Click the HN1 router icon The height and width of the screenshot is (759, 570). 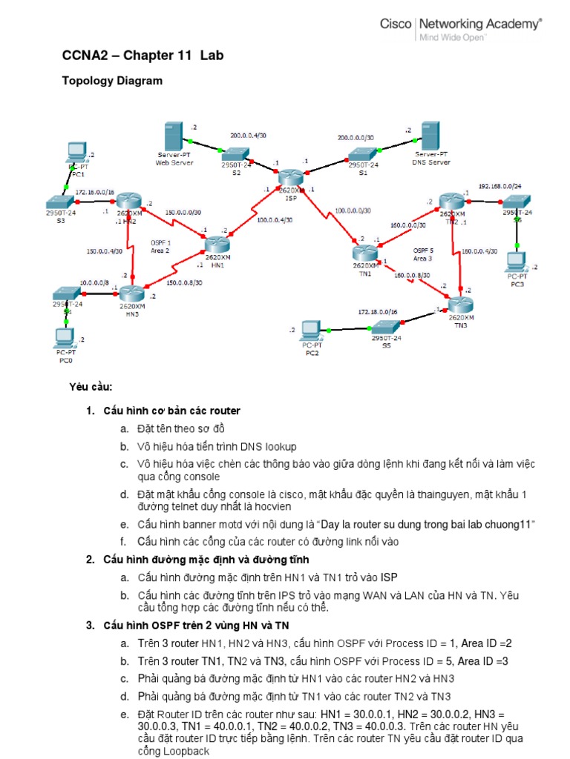217,244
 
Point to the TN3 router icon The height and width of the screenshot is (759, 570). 460,305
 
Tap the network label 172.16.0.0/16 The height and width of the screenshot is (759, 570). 94,191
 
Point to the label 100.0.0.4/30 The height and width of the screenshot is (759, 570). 275,219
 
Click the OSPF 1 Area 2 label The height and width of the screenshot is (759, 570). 161,247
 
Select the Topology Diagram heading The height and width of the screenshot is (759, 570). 112,81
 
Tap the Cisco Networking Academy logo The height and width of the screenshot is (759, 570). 460,29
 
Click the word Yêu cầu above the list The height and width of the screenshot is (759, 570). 90,387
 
